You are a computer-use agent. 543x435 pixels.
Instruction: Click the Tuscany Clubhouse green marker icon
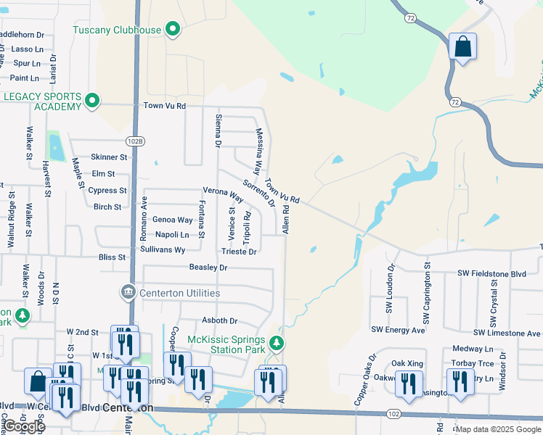173,30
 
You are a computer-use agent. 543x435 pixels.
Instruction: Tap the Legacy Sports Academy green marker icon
91,101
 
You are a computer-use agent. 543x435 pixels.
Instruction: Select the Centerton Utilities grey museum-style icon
128,292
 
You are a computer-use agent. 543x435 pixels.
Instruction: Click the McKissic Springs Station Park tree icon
275,342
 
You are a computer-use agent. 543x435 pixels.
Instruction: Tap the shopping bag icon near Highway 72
462,47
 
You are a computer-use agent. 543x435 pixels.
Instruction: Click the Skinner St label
109,157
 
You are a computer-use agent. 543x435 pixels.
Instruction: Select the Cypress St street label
107,191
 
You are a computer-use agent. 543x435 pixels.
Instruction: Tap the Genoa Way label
172,220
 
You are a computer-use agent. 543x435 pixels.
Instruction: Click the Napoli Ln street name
172,235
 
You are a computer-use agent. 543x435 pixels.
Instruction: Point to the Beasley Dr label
208,268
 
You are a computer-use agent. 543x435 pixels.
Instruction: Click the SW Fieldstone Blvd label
491,273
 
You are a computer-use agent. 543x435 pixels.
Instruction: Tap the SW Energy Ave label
398,330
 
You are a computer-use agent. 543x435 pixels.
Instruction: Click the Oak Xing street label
407,362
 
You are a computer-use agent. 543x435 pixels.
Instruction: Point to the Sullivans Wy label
163,249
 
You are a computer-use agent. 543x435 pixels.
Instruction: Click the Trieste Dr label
239,252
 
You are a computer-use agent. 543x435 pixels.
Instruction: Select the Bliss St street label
112,257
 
